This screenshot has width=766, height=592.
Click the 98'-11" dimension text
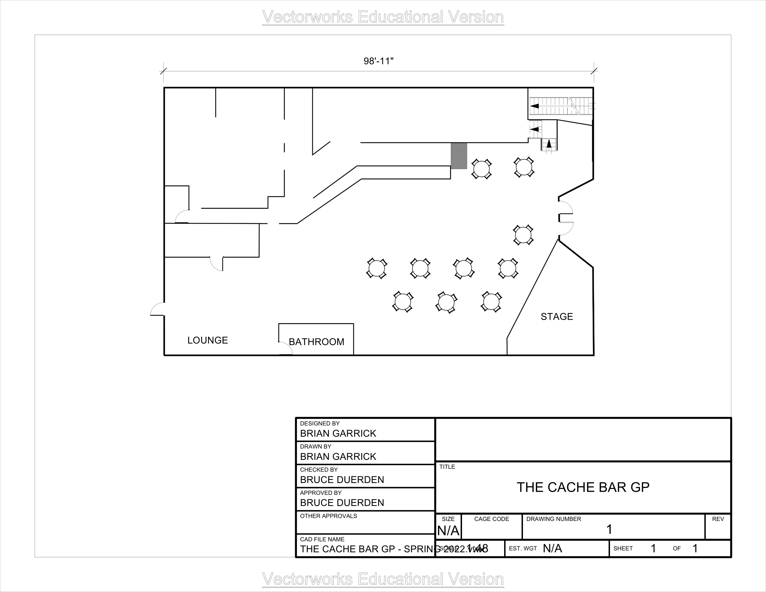coord(378,61)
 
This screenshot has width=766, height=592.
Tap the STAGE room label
coord(557,317)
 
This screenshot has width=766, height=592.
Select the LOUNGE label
coord(208,340)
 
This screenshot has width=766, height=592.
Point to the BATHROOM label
coord(316,342)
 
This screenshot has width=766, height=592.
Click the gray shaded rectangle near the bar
coord(459,156)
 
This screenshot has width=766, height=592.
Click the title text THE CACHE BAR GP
coord(583,487)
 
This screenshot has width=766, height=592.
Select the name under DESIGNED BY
coord(338,434)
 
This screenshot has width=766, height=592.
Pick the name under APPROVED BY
coord(342,503)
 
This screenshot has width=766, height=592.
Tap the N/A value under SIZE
coord(448,531)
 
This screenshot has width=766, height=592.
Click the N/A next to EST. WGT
coord(553,548)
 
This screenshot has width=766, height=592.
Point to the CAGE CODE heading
coord(491,519)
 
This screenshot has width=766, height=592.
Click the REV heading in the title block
coord(718,519)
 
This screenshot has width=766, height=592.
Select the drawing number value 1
coord(609,530)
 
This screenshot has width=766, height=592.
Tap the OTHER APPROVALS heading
coord(328,516)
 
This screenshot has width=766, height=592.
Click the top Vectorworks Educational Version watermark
coord(383,17)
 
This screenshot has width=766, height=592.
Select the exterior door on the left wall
coord(157,309)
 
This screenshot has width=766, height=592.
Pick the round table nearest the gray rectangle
coord(481,169)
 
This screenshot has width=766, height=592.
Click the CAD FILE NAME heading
coord(322,539)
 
